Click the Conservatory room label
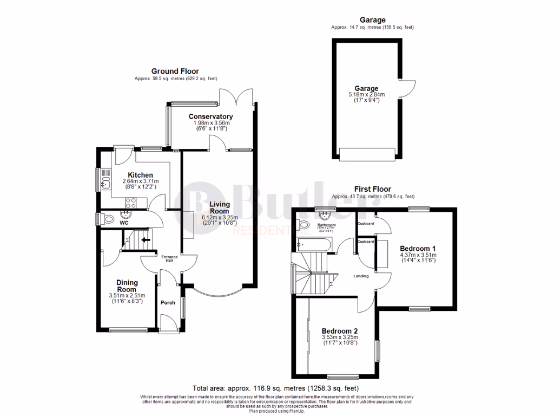(210, 116)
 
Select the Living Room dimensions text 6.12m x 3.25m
(219, 217)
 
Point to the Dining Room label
(128, 285)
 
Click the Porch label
(168, 302)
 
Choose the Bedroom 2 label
(339, 331)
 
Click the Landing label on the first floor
(361, 276)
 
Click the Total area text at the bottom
(275, 388)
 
